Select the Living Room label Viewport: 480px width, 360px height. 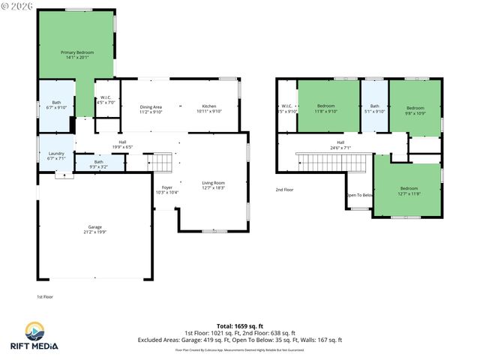click(214, 184)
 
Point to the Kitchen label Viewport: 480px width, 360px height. click(209, 108)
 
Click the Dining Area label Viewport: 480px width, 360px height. click(151, 109)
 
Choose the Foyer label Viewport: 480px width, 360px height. click(166, 189)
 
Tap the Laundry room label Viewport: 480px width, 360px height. click(56, 155)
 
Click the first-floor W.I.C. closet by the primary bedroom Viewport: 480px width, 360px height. click(107, 100)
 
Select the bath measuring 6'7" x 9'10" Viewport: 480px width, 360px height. click(56, 105)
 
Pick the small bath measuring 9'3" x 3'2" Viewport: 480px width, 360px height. click(98, 163)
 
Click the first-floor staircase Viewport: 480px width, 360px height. click(162, 161)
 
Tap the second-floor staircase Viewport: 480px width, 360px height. click(333, 161)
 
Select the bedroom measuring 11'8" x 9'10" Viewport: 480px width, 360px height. click(327, 108)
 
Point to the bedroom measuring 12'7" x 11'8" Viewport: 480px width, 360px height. click(408, 190)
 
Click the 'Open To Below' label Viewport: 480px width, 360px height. click(359, 195)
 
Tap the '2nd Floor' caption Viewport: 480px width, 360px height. click(284, 190)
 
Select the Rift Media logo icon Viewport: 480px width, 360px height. click(34, 331)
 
